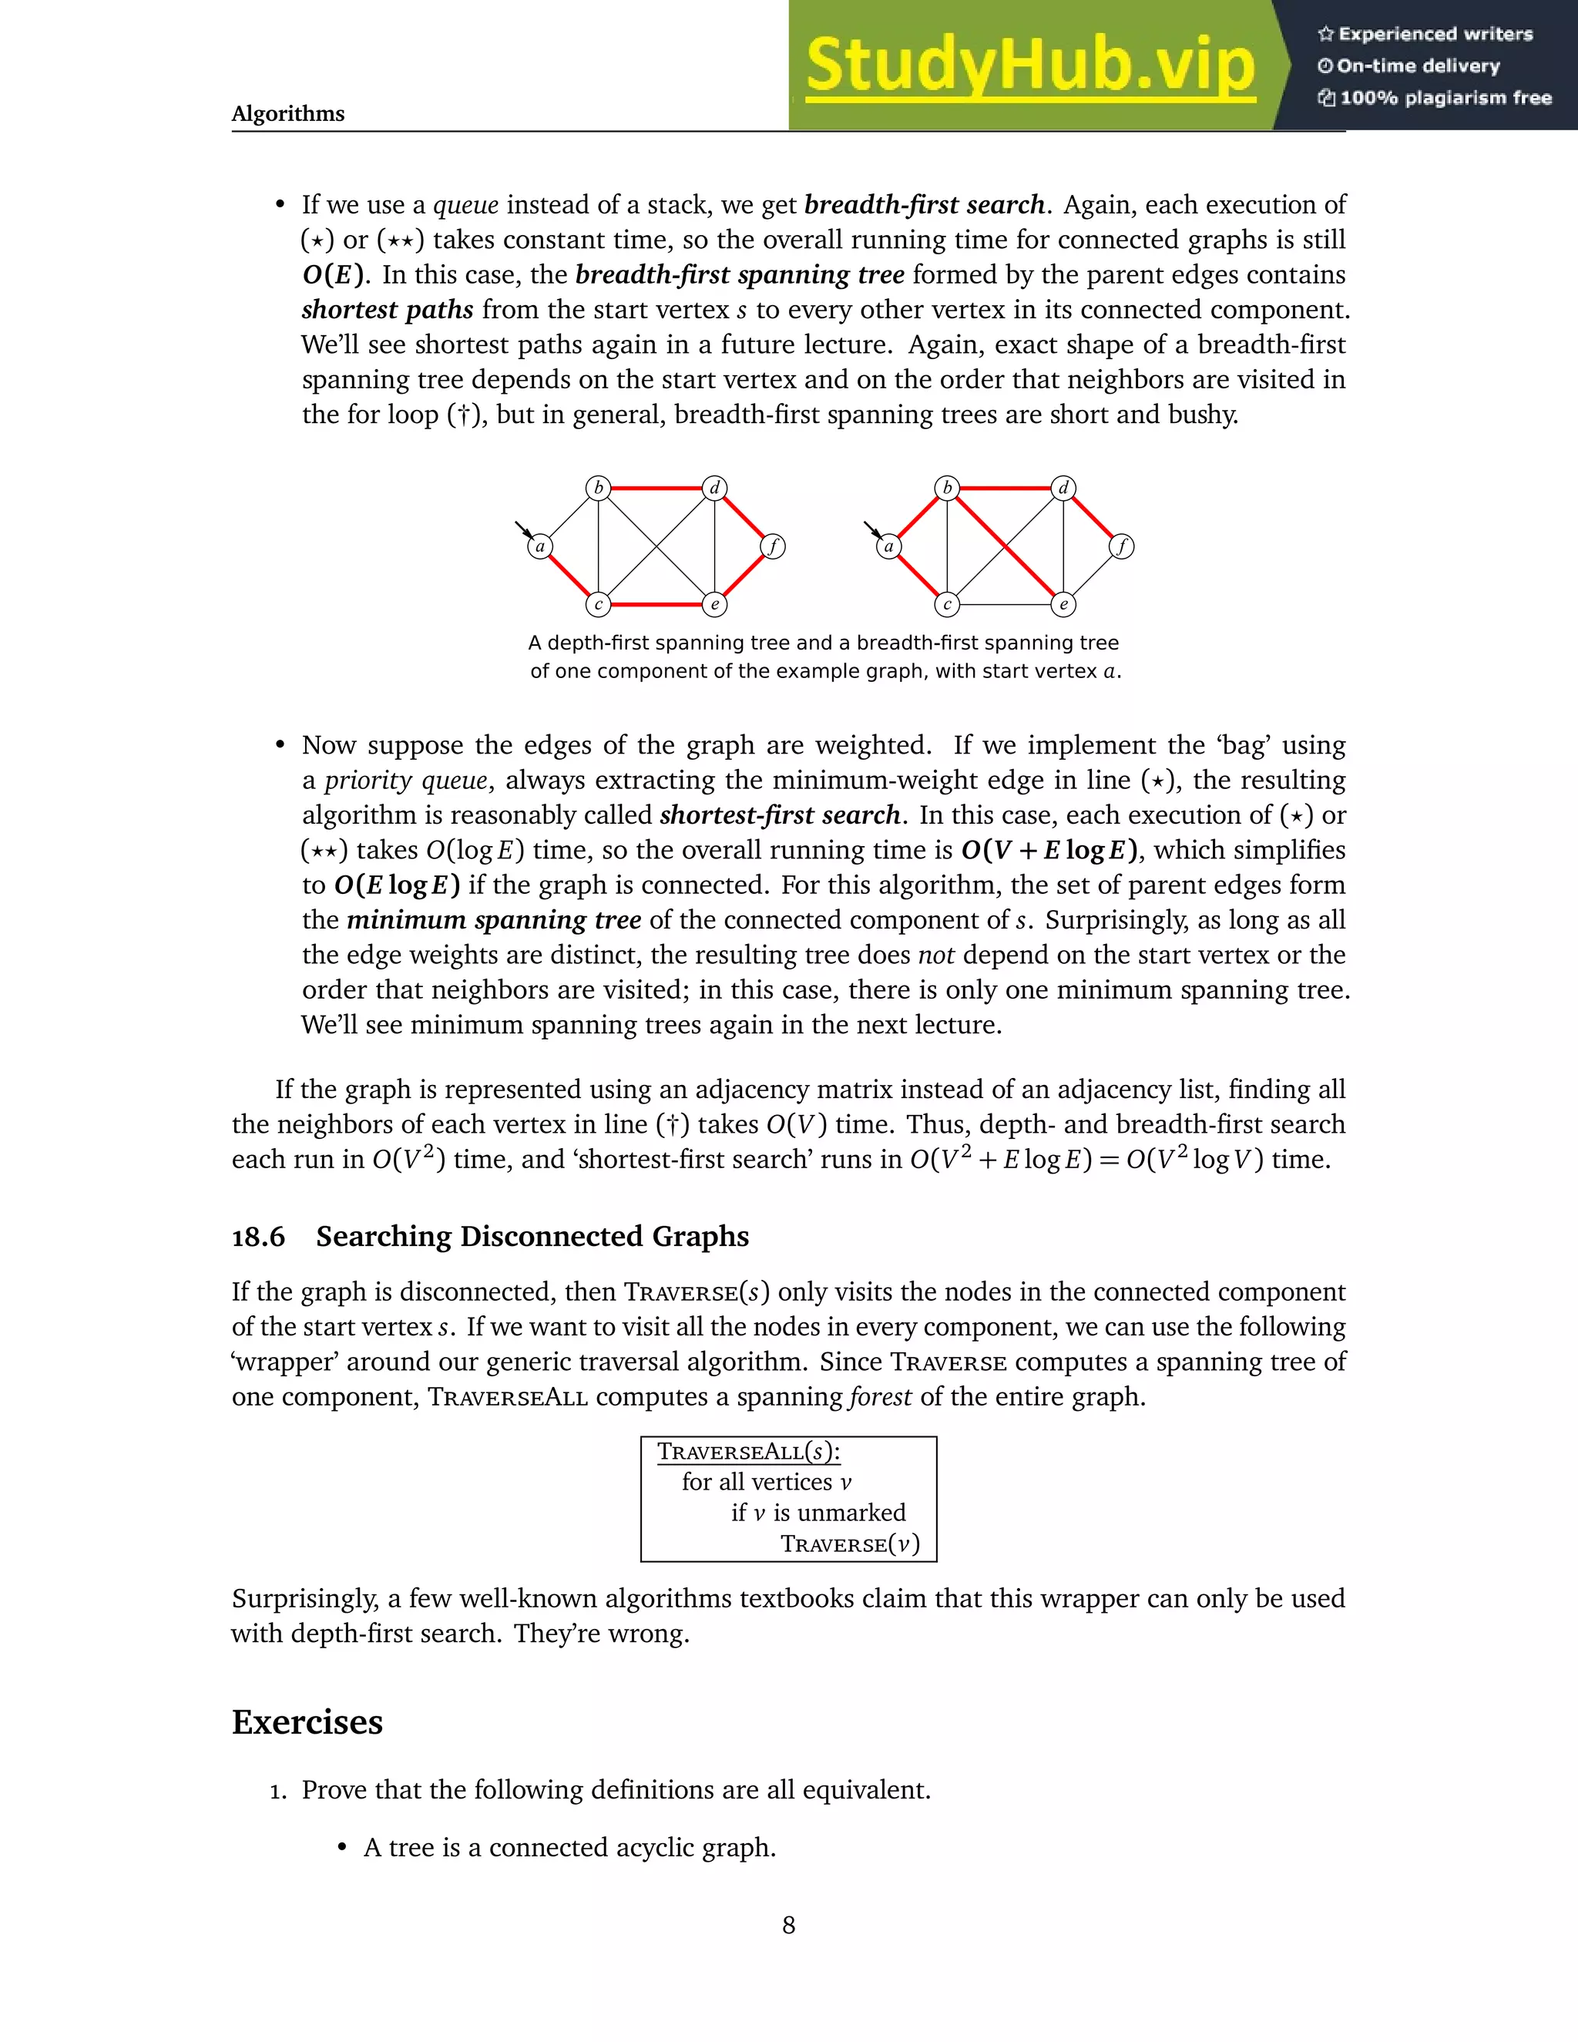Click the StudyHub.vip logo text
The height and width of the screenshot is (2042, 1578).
coord(1029,65)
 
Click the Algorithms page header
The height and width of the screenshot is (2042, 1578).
coord(288,113)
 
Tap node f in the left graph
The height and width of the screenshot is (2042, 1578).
coord(773,546)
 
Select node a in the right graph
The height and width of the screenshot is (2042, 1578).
coord(889,546)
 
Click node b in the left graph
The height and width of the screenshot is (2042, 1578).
coord(598,488)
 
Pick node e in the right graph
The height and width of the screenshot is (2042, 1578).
coord(1064,605)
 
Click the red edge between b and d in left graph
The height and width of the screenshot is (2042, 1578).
coord(656,488)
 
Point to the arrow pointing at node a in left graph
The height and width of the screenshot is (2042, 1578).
coord(523,531)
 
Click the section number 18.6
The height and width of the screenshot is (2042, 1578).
coord(258,1237)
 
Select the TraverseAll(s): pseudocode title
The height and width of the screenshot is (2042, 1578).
coord(748,1452)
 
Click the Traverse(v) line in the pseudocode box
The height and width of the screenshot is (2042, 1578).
coord(850,1543)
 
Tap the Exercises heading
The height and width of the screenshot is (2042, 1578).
coord(307,1722)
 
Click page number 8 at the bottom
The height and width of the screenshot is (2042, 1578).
coord(788,1925)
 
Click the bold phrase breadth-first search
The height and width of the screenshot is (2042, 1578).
coord(924,205)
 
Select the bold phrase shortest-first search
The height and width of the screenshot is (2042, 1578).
coord(780,815)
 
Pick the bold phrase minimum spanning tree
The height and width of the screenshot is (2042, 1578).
coord(494,920)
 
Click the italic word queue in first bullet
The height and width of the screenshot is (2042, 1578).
coord(465,205)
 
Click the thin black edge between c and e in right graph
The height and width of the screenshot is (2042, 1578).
coord(1006,605)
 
